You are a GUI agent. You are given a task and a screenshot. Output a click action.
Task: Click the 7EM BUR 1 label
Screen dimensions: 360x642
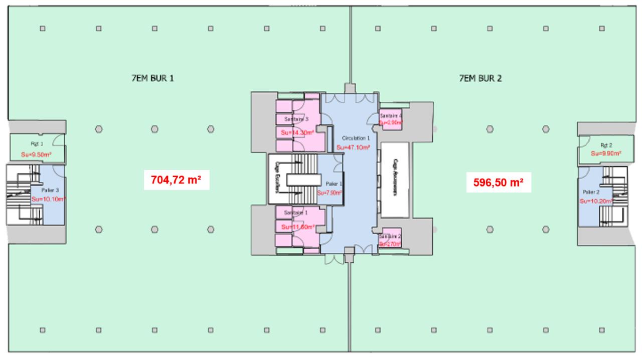[152, 78]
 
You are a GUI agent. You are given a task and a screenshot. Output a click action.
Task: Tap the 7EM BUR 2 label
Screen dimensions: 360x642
[480, 78]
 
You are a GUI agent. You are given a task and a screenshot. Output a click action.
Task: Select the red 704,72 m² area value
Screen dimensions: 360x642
[176, 179]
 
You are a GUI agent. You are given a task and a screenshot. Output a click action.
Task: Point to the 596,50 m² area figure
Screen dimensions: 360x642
[499, 183]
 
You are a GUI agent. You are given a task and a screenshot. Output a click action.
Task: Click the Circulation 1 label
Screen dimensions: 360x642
[356, 138]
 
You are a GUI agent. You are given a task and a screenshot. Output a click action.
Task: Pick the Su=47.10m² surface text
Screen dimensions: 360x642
[353, 147]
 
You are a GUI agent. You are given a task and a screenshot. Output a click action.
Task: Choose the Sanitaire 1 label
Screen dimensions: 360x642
[296, 213]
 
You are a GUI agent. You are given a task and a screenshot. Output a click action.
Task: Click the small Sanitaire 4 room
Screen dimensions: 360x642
[391, 119]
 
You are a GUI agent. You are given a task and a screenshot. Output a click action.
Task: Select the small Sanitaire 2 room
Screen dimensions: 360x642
[391, 240]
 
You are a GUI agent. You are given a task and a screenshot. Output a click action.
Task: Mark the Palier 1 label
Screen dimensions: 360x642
[334, 184]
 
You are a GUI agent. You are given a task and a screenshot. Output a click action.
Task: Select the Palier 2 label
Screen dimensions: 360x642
[591, 192]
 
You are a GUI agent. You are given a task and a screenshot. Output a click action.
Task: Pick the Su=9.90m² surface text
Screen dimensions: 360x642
[606, 153]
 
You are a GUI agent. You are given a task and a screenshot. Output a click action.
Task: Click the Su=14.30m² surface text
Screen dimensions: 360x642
[297, 132]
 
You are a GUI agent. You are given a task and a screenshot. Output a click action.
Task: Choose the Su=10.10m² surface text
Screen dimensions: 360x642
[48, 199]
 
